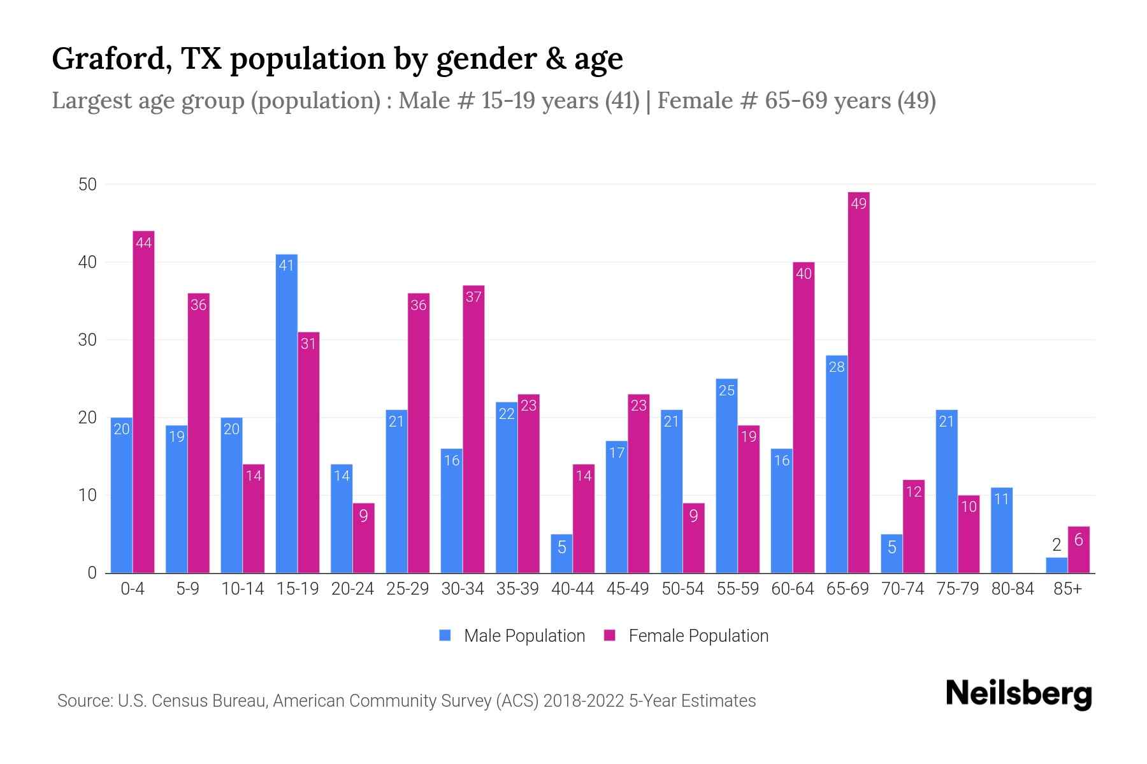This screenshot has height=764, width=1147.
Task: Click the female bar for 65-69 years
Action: tap(858, 382)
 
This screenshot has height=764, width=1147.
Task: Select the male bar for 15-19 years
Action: tap(287, 414)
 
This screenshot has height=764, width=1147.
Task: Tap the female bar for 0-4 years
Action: tap(143, 401)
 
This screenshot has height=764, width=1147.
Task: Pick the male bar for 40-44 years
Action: tap(561, 553)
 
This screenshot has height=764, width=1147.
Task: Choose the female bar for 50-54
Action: tap(693, 538)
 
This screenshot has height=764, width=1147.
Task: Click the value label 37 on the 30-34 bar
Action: tap(473, 297)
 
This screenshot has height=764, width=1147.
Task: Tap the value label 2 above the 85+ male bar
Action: tap(1057, 545)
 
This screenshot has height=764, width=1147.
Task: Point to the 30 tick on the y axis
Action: tap(87, 340)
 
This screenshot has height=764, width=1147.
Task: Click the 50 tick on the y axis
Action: tap(87, 185)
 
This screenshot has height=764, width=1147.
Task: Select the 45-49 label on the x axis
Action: tap(628, 589)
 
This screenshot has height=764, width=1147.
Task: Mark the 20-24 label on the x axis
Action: tap(352, 589)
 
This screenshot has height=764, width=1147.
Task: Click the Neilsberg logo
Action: tap(1018, 694)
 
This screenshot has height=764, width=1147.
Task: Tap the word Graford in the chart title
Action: tap(109, 59)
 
